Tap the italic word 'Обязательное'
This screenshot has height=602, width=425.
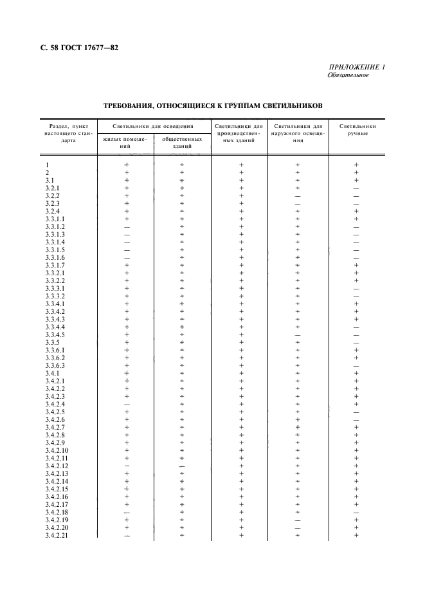coord(348,75)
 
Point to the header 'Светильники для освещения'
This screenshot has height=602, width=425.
coord(154,126)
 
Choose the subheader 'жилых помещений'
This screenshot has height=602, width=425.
coord(125,142)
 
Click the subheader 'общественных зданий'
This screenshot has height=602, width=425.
coord(183,142)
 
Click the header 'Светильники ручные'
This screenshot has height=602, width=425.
coord(357,130)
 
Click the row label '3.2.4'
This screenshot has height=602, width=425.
coord(53,211)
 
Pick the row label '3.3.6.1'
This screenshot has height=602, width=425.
coord(55,350)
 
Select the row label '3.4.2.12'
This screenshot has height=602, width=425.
coord(57,466)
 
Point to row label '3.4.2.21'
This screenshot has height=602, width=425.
coord(57,535)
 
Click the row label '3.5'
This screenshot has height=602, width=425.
coord(51,342)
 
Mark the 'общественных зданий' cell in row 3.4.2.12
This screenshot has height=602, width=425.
coord(183,466)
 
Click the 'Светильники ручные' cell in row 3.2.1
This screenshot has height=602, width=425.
coord(356,188)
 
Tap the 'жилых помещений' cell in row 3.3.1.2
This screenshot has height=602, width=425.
coord(127,226)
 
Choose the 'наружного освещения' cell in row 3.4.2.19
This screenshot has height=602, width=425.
coord(298,520)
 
